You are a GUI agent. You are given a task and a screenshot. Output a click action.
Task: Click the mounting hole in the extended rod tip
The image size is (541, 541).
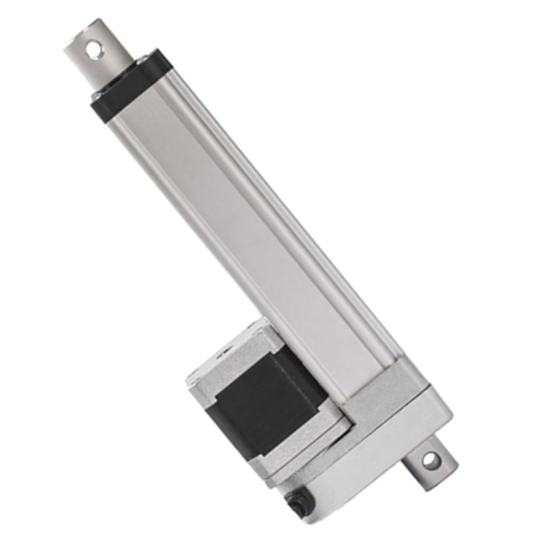(x=92, y=49)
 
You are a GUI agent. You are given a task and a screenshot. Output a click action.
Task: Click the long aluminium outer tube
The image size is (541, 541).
(x=242, y=225)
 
